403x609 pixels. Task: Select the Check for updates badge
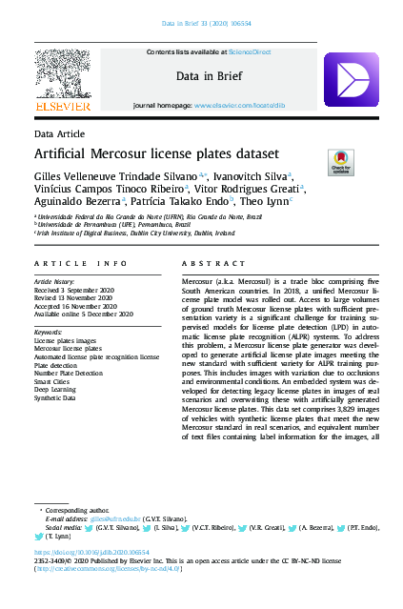tap(341, 162)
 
